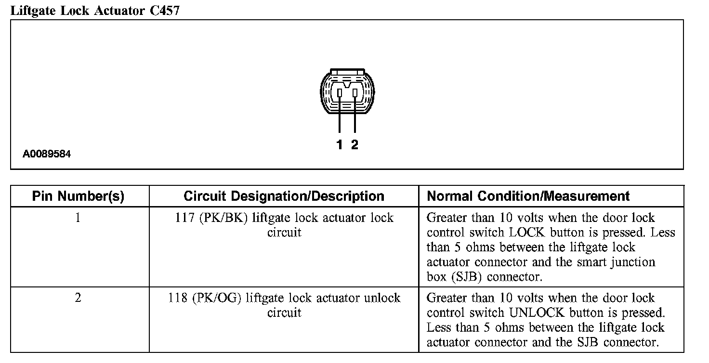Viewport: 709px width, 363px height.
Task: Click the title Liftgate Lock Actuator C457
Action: click(x=95, y=11)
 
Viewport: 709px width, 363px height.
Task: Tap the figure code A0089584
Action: click(x=47, y=155)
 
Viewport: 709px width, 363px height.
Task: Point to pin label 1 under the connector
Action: click(x=340, y=144)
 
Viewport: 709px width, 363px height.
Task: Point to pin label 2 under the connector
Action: click(x=354, y=144)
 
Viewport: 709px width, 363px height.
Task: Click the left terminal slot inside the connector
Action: click(x=340, y=92)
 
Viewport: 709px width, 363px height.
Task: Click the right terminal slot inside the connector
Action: click(x=355, y=92)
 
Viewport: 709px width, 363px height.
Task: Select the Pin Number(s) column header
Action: click(x=78, y=196)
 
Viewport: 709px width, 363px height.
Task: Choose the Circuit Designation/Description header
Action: click(x=284, y=196)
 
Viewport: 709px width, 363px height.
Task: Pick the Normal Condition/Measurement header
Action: click(x=528, y=196)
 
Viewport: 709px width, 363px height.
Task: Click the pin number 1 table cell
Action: click(x=78, y=218)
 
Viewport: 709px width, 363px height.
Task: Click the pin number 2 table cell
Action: click(x=78, y=298)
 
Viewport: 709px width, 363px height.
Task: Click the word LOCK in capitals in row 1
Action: click(x=526, y=233)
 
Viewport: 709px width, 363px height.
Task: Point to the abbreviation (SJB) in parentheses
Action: click(x=456, y=277)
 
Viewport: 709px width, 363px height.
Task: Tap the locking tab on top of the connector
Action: click(x=347, y=71)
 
